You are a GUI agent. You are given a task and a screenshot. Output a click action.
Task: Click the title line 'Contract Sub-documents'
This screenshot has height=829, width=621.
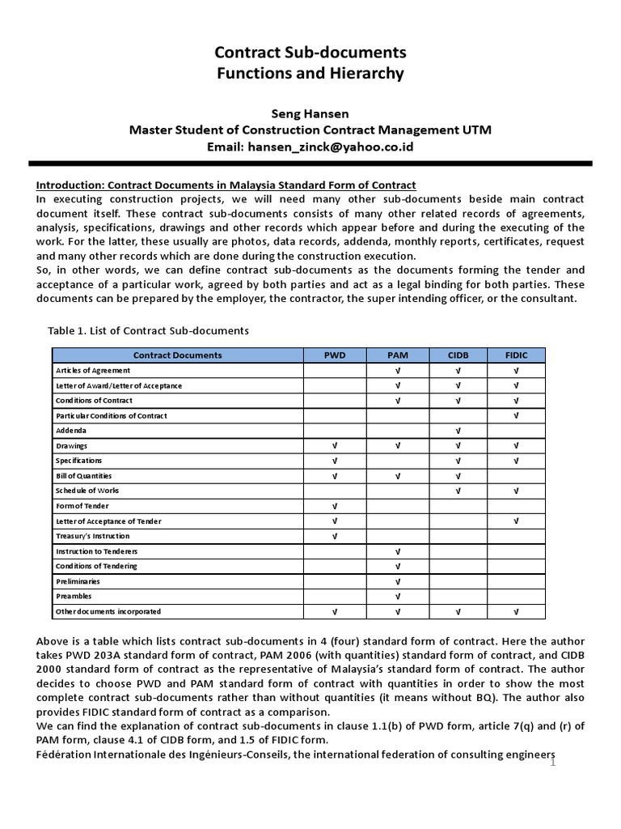pyautogui.click(x=310, y=53)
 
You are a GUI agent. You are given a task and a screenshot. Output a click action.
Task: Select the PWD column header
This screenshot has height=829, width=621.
pyautogui.click(x=335, y=355)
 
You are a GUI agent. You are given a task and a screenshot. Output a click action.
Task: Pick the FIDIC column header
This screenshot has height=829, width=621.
pyautogui.click(x=516, y=355)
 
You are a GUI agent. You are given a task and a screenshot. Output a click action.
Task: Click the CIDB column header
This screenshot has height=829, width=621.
pyautogui.click(x=458, y=355)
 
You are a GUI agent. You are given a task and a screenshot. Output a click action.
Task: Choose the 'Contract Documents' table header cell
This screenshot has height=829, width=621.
pyautogui.click(x=177, y=355)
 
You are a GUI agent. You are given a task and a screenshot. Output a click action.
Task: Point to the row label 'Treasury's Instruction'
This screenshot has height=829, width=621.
pyautogui.click(x=92, y=536)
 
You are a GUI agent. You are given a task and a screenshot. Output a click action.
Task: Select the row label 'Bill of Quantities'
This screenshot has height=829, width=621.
pyautogui.click(x=83, y=476)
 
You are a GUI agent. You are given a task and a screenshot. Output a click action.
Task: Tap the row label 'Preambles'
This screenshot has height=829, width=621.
pyautogui.click(x=74, y=596)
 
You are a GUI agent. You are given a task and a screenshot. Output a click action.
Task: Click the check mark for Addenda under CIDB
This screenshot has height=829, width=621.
pyautogui.click(x=458, y=431)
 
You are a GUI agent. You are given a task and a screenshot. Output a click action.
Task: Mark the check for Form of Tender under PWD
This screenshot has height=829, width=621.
pyautogui.click(x=335, y=506)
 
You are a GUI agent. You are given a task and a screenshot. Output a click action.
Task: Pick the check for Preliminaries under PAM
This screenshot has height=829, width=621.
pyautogui.click(x=397, y=581)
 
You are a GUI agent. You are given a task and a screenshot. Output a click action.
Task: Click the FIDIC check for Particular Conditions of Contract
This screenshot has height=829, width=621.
pyautogui.click(x=516, y=415)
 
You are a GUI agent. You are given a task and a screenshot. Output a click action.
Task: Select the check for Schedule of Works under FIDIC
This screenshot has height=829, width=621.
pyautogui.click(x=516, y=491)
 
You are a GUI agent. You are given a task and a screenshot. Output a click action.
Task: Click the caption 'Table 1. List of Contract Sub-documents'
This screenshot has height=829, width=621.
pyautogui.click(x=149, y=330)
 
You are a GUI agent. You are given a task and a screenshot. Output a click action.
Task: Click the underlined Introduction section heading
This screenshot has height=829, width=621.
pyautogui.click(x=226, y=185)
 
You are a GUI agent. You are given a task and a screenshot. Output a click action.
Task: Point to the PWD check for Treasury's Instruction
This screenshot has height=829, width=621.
pyautogui.click(x=335, y=536)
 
